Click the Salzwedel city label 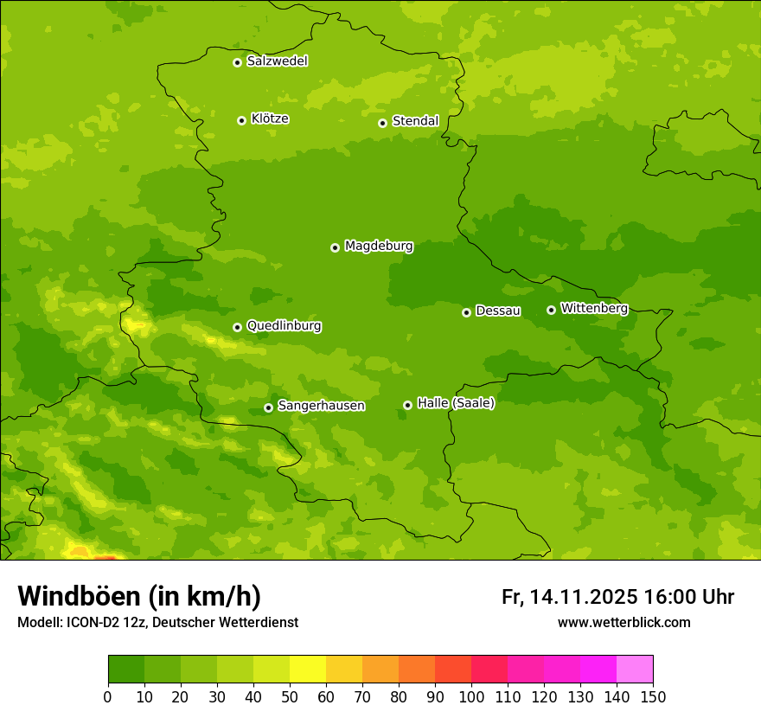tap(277, 61)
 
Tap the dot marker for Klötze tap(241, 120)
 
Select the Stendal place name tap(415, 121)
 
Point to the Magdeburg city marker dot tap(335, 247)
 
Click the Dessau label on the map tap(498, 311)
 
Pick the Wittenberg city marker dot tap(551, 310)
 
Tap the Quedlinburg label tap(284, 326)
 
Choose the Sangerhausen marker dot tap(268, 407)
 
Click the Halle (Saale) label tap(456, 403)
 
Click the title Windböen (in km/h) tap(139, 596)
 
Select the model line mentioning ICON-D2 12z tap(157, 623)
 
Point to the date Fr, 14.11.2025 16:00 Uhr tap(617, 597)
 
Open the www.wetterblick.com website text tap(624, 623)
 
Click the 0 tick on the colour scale tap(108, 696)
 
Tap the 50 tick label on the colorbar tap(290, 696)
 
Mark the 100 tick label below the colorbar tap(471, 696)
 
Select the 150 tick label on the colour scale tap(653, 696)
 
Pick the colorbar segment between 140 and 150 tap(635, 670)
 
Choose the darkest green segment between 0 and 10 tap(126, 670)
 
